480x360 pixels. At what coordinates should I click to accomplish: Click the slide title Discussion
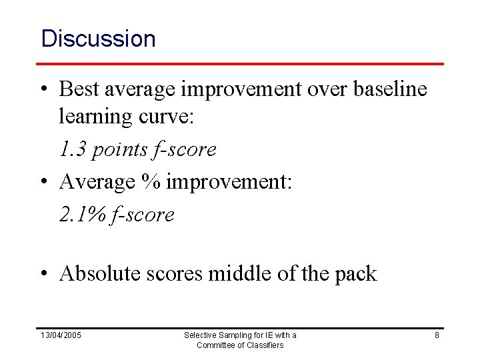(x=98, y=39)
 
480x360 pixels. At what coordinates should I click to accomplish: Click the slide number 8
(x=437, y=335)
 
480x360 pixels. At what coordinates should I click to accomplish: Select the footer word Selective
(x=201, y=335)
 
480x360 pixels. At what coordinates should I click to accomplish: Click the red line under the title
(x=240, y=63)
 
